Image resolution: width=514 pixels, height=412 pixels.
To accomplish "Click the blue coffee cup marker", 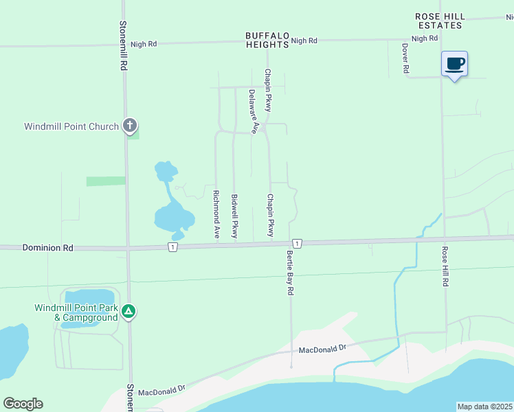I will pos(454,65).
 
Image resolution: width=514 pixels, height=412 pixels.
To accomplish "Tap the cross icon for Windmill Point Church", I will pos(130,126).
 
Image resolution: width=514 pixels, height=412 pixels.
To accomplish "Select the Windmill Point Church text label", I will pos(71,126).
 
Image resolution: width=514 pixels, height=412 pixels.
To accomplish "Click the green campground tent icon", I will pos(128,312).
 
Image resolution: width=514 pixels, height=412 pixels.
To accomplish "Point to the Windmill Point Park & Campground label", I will pos(76,312).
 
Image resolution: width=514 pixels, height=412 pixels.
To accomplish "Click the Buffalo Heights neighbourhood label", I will pos(267,40).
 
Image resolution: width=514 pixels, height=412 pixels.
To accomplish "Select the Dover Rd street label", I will pos(405,59).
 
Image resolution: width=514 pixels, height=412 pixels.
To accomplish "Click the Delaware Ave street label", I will pos(253,111).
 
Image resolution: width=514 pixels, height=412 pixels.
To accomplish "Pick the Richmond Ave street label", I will pos(216,215).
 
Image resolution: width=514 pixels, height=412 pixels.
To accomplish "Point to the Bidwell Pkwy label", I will pos(234,216).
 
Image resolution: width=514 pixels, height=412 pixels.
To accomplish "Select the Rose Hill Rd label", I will pos(445,266).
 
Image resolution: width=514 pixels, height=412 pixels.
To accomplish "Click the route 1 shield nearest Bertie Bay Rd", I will pos(296,244).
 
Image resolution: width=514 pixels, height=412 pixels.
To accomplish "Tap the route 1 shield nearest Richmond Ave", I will pos(172,247).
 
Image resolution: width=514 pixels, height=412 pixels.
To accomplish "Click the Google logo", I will pos(23,403).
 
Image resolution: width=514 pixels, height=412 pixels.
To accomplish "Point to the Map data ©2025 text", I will pos(485,407).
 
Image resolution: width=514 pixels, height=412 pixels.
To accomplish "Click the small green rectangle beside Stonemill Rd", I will pos(105,181).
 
